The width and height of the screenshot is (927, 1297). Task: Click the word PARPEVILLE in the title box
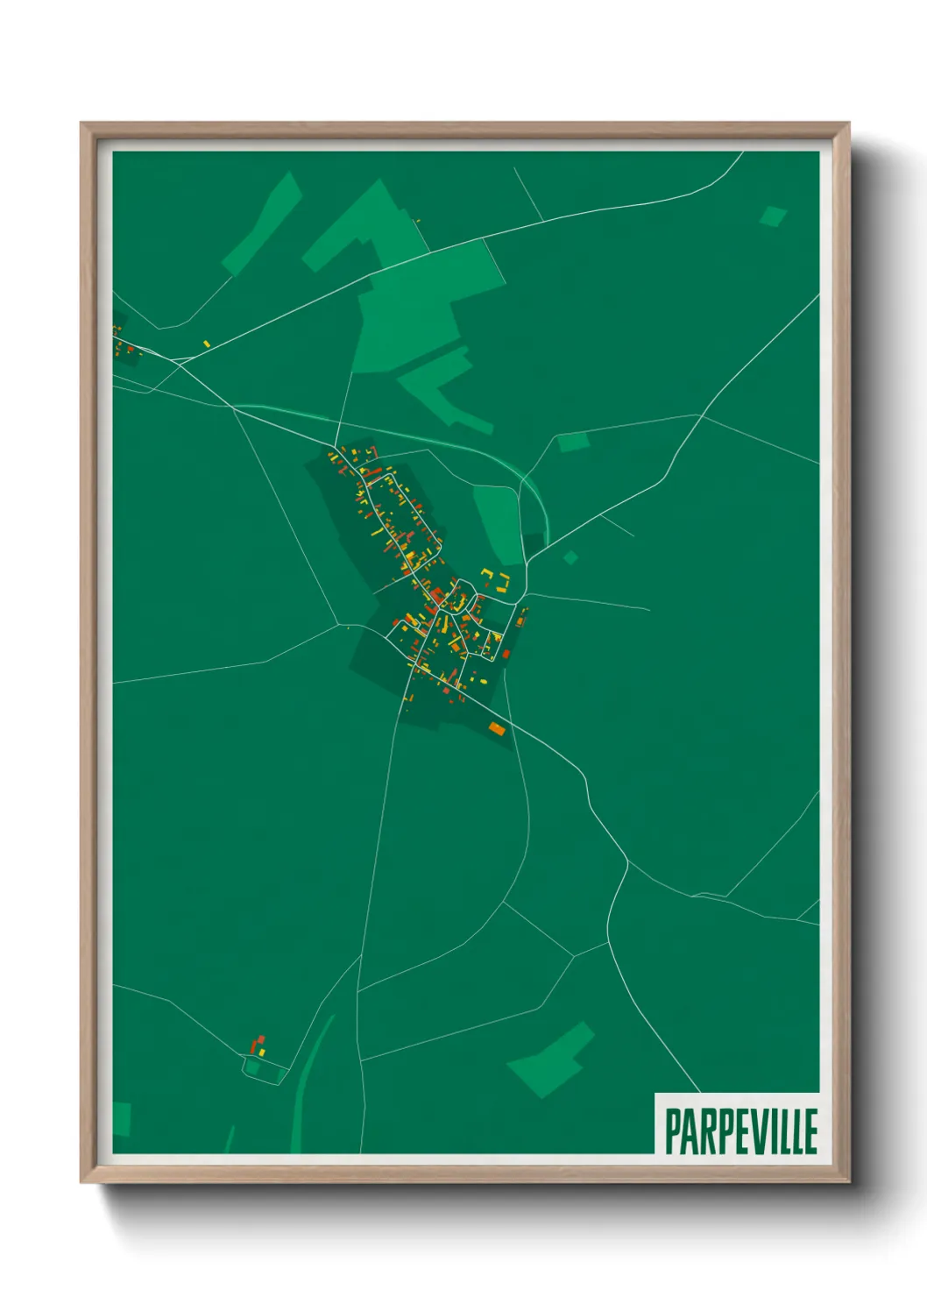[x=740, y=1130]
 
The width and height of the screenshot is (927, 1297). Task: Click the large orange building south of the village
[x=496, y=727]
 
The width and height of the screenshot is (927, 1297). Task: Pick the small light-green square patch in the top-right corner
[x=773, y=216]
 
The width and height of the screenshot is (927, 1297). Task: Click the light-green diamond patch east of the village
[x=570, y=556]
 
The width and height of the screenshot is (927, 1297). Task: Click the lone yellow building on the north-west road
[x=206, y=344]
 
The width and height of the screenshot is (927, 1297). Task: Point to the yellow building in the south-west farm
[x=262, y=1050]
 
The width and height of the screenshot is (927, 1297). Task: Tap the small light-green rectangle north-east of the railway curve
[x=573, y=443]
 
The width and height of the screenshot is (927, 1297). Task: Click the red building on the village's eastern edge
[x=506, y=654]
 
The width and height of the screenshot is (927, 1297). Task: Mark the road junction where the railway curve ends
[x=527, y=561]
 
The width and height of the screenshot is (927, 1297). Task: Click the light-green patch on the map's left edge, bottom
[x=121, y=1119]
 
